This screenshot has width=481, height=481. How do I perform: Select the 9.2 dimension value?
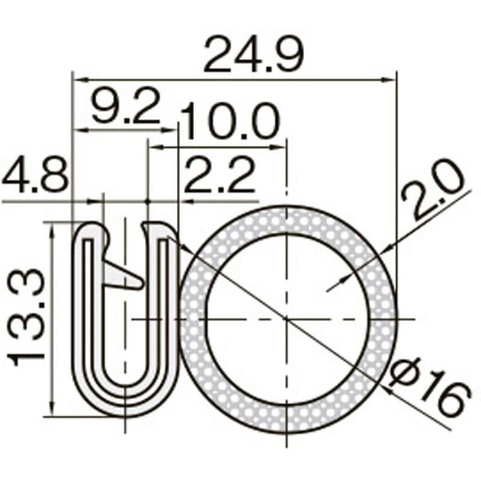[125, 106]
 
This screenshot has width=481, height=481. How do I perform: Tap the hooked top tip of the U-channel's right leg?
[148, 227]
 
